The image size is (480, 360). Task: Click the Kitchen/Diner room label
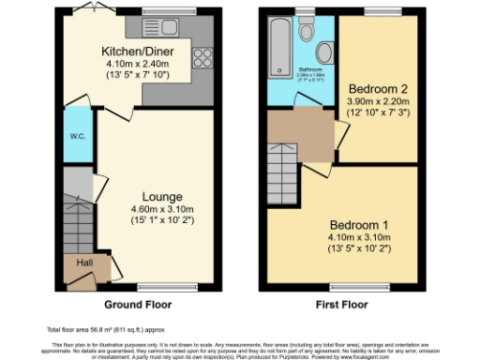128,51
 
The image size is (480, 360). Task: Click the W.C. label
78,135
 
